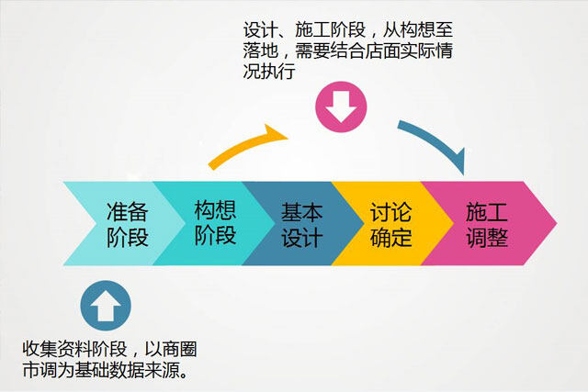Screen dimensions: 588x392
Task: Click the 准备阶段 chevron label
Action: tap(128, 224)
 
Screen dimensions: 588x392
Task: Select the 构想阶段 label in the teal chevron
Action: tap(215, 222)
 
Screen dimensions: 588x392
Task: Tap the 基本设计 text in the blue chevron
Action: tap(302, 225)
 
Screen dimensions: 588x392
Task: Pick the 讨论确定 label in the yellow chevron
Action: tap(390, 225)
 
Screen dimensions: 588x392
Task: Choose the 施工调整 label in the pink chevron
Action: tap(487, 225)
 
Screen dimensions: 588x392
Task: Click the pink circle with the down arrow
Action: tap(341, 106)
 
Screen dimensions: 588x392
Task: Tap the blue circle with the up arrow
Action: tap(106, 306)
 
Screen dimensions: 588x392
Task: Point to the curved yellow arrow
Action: tap(243, 145)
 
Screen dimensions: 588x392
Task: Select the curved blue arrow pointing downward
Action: tap(437, 142)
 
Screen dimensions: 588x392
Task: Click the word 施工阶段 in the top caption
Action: tap(330, 29)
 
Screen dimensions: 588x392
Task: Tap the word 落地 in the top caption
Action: tap(261, 50)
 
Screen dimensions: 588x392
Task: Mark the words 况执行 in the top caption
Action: tap(269, 71)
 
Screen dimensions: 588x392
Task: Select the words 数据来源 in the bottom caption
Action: tap(145, 370)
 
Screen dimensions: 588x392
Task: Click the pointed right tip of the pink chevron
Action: tap(557, 224)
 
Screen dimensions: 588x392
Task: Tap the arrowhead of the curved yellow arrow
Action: tap(277, 134)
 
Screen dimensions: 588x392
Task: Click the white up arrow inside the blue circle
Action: tap(106, 306)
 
